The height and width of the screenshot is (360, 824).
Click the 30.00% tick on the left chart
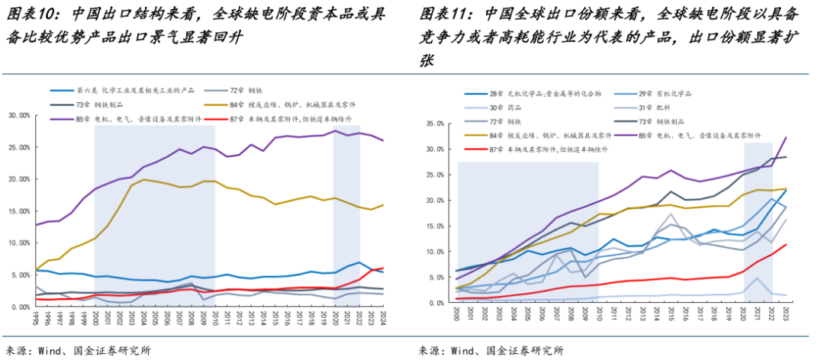pos(18,115)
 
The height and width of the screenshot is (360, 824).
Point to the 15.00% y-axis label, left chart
pos(18,211)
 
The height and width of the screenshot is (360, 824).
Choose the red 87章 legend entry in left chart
pos(282,120)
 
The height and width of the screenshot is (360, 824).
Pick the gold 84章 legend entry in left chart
pos(282,104)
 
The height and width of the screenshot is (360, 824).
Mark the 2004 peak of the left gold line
pos(144,179)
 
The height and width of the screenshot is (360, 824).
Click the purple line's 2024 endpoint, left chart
pos(383,141)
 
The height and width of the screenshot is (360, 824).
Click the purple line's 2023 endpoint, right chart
pos(787,137)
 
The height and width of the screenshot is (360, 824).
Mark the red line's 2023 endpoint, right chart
pos(787,244)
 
